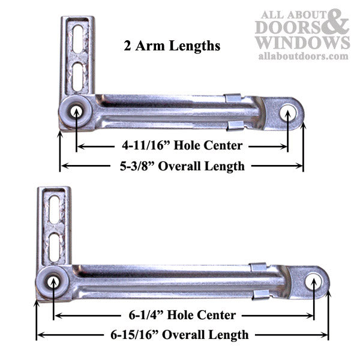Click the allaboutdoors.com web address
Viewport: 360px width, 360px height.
tap(302, 56)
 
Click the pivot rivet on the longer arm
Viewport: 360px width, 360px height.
tap(53, 280)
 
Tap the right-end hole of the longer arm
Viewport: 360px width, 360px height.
tap(313, 280)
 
